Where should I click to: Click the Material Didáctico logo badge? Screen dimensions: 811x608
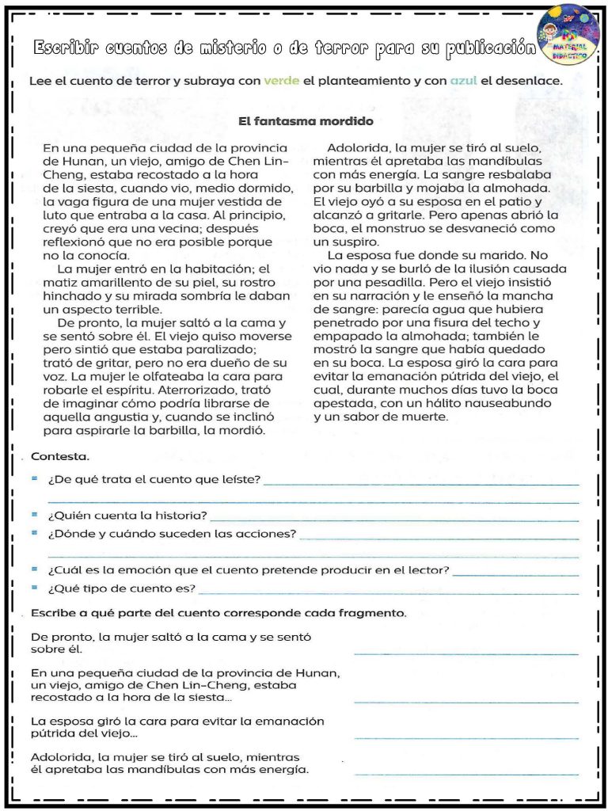[568, 36]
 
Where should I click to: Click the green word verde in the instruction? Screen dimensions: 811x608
[281, 82]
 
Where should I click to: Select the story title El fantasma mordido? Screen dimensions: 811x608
[306, 122]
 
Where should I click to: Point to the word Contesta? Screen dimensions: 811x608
[60, 457]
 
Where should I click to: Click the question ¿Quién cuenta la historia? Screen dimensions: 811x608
[127, 516]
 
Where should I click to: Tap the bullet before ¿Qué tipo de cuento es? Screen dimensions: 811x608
[35, 588]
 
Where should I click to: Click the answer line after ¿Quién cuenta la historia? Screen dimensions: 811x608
[396, 520]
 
